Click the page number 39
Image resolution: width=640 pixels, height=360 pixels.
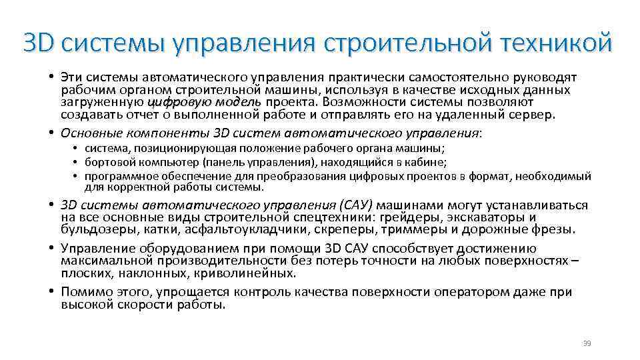[x=587, y=343]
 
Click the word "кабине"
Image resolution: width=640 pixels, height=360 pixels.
[x=427, y=162]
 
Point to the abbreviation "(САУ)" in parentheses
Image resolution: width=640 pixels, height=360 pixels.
[x=355, y=205]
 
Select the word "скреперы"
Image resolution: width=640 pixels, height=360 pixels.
[x=348, y=230]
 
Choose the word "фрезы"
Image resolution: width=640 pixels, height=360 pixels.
[x=553, y=230]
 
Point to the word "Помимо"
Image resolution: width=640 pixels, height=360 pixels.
[x=85, y=291]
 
